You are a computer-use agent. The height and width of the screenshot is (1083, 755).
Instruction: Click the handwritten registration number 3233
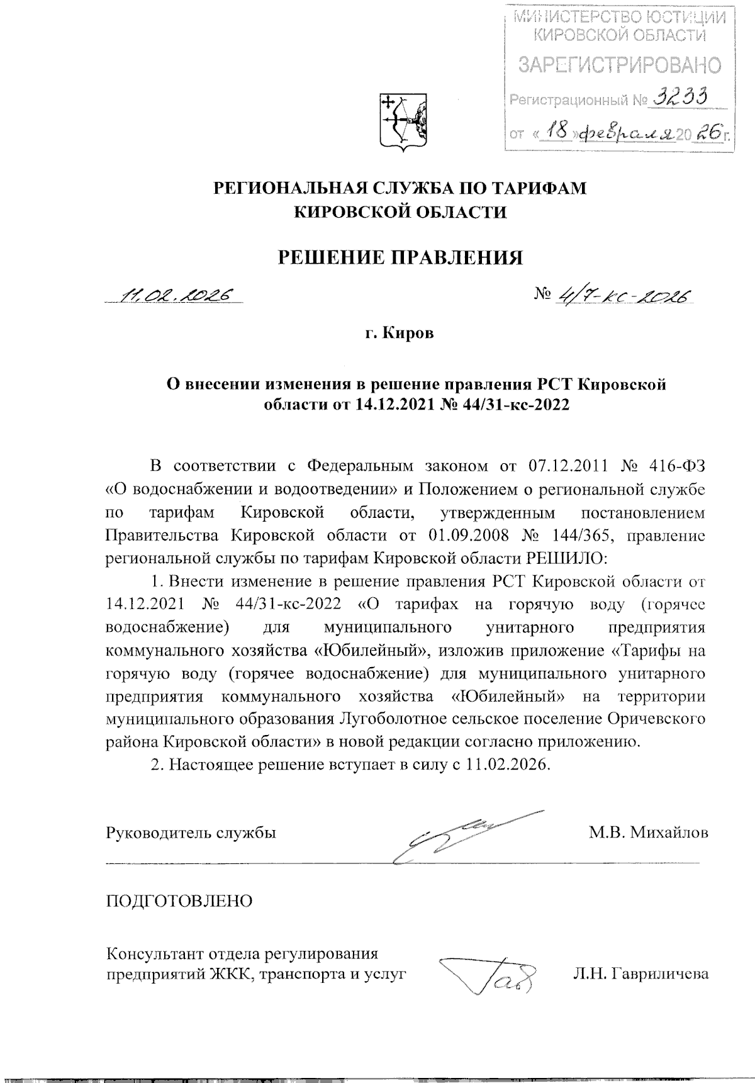click(679, 98)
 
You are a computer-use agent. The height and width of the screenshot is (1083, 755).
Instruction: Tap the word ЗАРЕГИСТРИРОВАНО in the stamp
click(619, 65)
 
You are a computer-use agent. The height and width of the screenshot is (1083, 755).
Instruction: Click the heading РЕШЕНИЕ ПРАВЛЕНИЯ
click(401, 257)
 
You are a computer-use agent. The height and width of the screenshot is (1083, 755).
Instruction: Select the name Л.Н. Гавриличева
click(640, 974)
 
